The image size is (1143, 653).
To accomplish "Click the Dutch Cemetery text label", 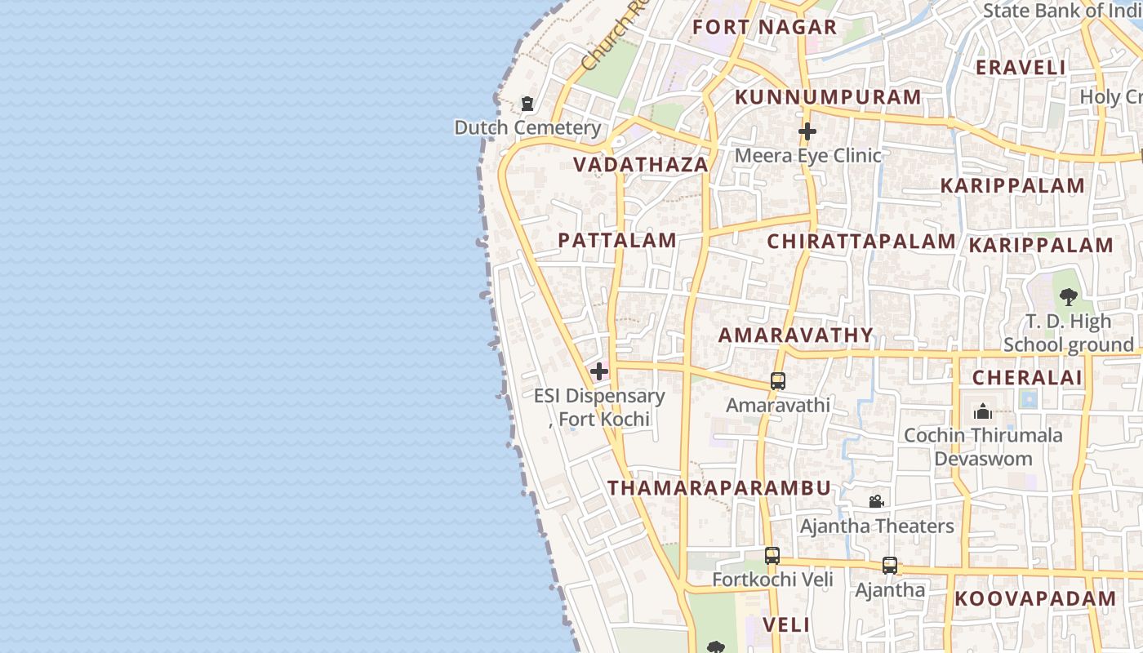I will [x=527, y=128].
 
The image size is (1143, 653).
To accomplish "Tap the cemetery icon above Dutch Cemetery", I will [x=527, y=104].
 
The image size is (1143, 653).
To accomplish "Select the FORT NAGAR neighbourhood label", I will [x=765, y=27].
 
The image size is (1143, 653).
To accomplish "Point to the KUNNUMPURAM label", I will [x=828, y=97].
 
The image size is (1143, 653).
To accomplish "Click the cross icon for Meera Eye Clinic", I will [x=807, y=131].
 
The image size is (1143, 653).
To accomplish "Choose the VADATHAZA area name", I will [x=640, y=165].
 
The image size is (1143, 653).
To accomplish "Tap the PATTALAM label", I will [x=617, y=241].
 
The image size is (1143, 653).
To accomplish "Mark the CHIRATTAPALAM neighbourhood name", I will [x=861, y=242].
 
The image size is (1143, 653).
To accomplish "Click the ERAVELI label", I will [x=1021, y=68].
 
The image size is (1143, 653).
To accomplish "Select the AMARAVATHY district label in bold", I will [x=796, y=335].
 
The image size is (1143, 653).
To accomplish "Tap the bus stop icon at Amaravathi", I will [x=778, y=381].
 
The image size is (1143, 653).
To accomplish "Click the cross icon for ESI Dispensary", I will [x=599, y=372].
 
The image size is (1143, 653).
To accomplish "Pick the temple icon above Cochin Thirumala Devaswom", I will [x=983, y=411].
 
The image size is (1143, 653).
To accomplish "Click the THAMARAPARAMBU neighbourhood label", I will [x=719, y=488].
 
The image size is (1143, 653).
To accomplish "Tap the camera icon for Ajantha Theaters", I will [x=876, y=501].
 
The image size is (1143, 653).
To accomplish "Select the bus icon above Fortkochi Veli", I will [x=772, y=556].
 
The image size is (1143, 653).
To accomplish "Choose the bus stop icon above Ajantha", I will [x=890, y=566].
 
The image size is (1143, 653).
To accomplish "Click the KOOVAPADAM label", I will [x=1035, y=598].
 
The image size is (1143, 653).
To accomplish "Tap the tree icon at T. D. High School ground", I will [x=1068, y=297].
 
